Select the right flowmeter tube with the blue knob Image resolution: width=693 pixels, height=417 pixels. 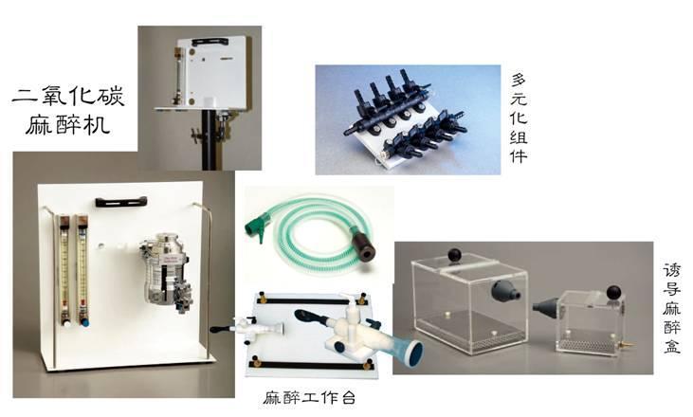(82, 270)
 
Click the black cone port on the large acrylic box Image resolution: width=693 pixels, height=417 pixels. (502, 292)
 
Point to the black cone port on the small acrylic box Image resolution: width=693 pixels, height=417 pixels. (546, 307)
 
